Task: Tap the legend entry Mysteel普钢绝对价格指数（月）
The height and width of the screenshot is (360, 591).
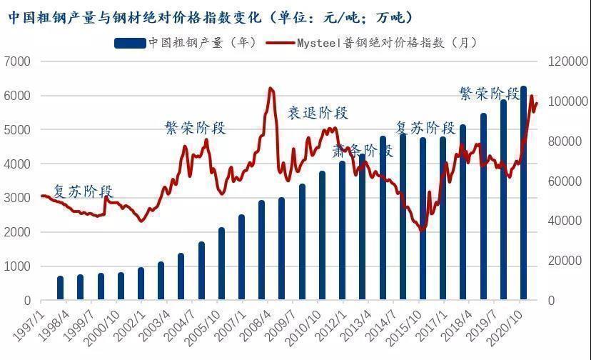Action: click(x=371, y=43)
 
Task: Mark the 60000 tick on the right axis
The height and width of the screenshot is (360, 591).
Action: click(x=565, y=181)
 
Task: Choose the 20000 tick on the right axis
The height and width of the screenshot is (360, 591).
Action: click(x=565, y=261)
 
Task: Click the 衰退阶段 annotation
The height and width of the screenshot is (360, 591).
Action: click(x=318, y=113)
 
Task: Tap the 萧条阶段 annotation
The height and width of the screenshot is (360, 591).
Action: click(x=363, y=151)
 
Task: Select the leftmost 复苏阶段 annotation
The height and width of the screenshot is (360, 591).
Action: click(x=84, y=191)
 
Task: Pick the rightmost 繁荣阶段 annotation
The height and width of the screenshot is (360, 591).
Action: click(x=489, y=94)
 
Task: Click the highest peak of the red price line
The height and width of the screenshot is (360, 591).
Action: click(x=271, y=89)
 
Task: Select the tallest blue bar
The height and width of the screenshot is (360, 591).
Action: click(x=523, y=193)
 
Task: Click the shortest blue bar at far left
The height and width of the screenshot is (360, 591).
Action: click(x=61, y=288)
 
